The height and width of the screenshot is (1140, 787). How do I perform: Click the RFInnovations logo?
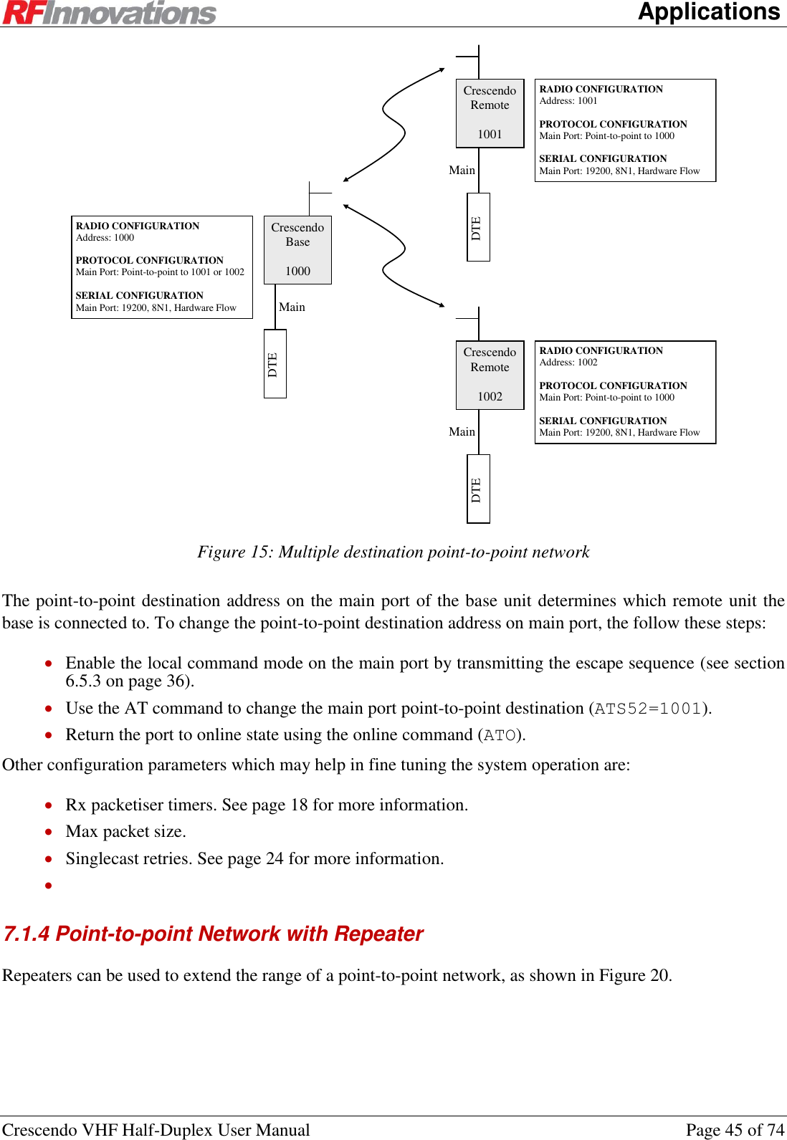click(x=109, y=13)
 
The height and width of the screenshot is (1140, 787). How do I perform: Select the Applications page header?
click(x=708, y=11)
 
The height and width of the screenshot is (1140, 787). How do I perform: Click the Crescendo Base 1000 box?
click(x=297, y=249)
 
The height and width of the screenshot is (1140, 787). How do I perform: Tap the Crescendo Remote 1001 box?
click(x=490, y=112)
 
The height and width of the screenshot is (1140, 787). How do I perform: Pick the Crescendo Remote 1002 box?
click(x=490, y=374)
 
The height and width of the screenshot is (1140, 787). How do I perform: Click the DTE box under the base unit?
click(x=275, y=363)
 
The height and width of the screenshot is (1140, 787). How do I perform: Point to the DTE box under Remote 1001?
click(x=478, y=227)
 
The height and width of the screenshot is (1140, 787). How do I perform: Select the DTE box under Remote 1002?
click(x=478, y=489)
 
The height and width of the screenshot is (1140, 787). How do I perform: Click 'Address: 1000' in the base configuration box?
click(x=105, y=238)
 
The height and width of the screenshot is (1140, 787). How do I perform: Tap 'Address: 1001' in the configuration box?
click(x=568, y=101)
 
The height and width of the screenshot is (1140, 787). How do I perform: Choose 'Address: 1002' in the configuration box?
click(x=568, y=363)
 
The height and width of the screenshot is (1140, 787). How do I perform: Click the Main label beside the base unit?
click(x=292, y=307)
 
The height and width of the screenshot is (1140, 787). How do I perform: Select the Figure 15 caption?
click(x=393, y=552)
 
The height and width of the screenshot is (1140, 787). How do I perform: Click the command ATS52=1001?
click(x=648, y=709)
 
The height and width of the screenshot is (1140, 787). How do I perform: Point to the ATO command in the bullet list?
click(x=500, y=735)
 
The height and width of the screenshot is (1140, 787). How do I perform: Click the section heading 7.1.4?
click(x=213, y=934)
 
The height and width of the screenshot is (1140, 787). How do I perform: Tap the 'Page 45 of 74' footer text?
click(x=735, y=1130)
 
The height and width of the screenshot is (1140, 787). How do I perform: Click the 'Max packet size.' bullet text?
click(x=125, y=831)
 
